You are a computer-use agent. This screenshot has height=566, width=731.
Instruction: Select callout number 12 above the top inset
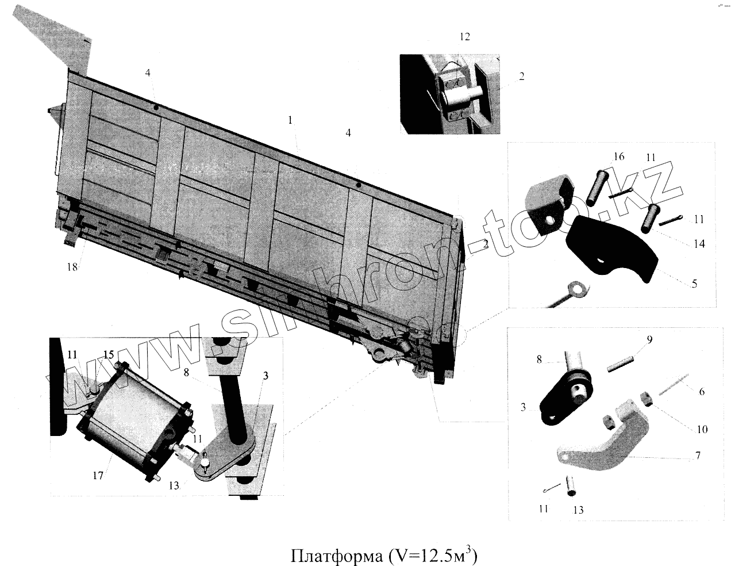coord(465,37)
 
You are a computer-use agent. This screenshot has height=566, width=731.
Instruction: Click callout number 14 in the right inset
coord(699,244)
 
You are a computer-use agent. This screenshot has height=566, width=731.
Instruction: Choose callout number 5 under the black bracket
coord(694,284)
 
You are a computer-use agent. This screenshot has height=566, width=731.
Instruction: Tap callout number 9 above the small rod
coord(649,340)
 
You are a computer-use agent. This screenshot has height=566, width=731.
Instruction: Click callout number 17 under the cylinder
coord(98,475)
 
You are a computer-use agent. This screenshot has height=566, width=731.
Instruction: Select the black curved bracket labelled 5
coord(612,247)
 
